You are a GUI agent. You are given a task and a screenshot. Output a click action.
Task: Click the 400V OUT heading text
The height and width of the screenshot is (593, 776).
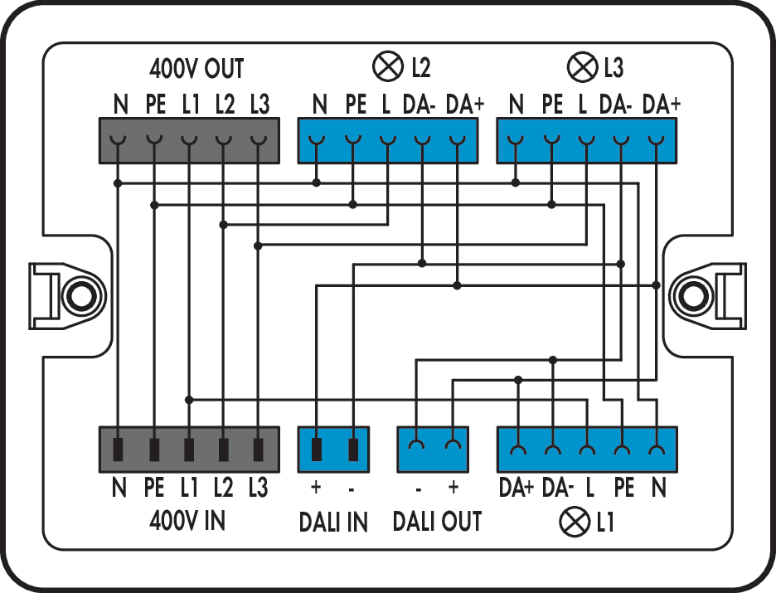[196, 67]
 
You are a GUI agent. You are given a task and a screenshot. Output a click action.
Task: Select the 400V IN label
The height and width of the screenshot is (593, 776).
[187, 521]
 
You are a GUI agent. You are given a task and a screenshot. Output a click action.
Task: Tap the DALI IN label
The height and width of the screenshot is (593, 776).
[333, 522]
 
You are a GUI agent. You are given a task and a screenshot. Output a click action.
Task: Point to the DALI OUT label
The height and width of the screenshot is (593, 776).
[437, 522]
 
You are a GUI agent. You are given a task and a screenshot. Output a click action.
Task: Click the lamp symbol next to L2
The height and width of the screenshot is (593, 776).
[386, 66]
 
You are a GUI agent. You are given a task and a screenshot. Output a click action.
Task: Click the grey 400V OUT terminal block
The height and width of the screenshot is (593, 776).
[189, 140]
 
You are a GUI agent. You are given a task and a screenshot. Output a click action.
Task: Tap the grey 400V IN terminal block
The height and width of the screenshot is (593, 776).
[189, 450]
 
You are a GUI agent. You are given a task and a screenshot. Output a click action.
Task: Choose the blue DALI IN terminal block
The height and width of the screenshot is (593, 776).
[334, 450]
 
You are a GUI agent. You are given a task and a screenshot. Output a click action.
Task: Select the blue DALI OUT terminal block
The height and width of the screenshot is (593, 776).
[433, 450]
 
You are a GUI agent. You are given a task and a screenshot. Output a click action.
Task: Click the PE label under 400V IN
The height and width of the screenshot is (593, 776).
[154, 488]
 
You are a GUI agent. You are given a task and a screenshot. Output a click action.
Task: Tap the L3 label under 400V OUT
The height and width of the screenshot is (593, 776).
[259, 105]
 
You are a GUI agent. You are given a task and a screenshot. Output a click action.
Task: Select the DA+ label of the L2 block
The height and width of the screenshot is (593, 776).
[464, 105]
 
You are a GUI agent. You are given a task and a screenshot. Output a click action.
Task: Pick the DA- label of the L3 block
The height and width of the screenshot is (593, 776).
[616, 105]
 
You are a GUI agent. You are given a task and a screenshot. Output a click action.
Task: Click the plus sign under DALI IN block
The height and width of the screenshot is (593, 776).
[316, 487]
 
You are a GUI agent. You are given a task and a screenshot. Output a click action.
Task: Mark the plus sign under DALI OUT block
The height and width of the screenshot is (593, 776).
[453, 487]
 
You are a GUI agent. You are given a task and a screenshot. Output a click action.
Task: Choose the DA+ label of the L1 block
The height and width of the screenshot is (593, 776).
[517, 488]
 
